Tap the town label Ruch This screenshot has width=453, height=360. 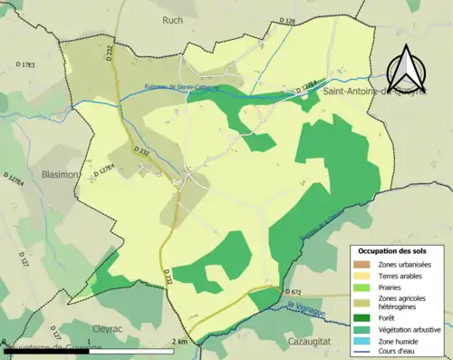tap(172, 20)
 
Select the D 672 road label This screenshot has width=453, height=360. tap(292, 292)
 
